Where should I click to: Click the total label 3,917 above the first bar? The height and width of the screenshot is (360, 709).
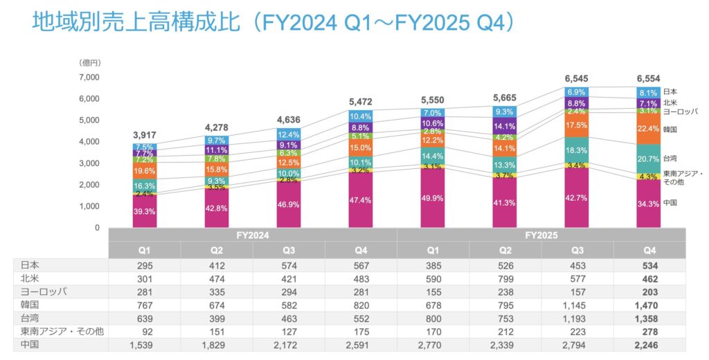click(x=144, y=135)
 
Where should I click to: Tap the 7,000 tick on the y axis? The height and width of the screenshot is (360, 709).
click(x=89, y=77)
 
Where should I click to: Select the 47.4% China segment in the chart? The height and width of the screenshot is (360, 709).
click(x=360, y=199)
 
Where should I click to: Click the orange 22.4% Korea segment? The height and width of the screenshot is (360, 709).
click(x=648, y=128)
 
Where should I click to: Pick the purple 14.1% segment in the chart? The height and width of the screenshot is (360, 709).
click(x=504, y=126)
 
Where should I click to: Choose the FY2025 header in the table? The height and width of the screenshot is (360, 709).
click(x=541, y=235)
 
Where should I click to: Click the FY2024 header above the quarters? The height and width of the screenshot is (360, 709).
click(x=252, y=235)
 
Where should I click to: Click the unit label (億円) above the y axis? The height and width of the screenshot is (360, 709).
click(x=89, y=62)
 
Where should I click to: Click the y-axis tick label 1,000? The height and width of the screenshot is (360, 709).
click(x=89, y=206)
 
